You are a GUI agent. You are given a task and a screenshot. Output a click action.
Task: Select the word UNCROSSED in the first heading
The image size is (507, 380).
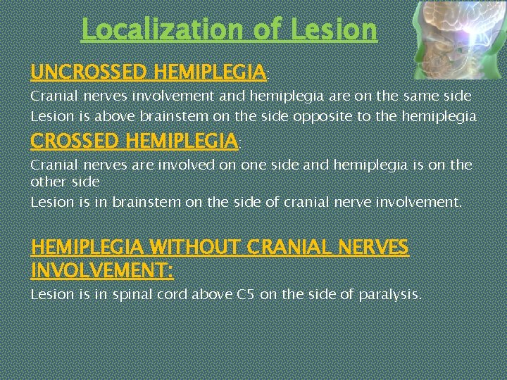click(x=89, y=72)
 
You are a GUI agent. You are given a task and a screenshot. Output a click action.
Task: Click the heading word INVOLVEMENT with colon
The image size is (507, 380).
click(x=103, y=270)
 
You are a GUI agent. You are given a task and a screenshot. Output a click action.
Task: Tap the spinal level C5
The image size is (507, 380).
click(x=244, y=294)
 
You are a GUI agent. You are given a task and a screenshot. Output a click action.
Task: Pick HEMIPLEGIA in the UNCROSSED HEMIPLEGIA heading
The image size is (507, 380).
click(x=209, y=72)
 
